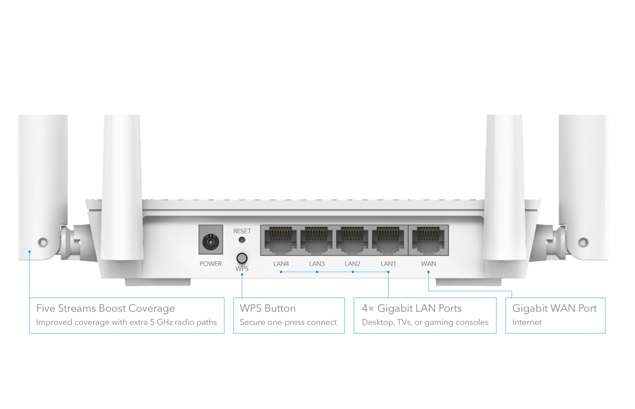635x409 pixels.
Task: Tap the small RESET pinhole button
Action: click(x=242, y=240)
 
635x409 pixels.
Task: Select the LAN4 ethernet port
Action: click(x=281, y=240)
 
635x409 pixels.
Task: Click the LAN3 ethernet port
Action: click(x=316, y=240)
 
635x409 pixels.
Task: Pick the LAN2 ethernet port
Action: click(x=352, y=240)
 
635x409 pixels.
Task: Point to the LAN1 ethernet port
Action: click(x=388, y=240)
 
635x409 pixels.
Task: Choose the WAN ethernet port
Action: click(x=428, y=240)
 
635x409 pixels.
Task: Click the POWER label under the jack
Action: click(x=210, y=264)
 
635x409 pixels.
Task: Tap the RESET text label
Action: click(x=242, y=231)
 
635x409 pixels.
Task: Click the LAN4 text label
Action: click(x=281, y=264)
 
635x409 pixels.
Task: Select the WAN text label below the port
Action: click(x=428, y=264)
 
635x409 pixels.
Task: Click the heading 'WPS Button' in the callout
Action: click(x=267, y=308)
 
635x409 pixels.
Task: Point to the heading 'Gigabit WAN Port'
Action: click(x=554, y=308)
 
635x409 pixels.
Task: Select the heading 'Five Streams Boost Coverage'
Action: click(x=105, y=308)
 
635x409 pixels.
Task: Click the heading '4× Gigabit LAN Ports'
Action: click(x=412, y=308)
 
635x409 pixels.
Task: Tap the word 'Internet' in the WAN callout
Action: click(x=527, y=322)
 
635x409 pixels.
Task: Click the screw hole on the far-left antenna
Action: click(x=43, y=242)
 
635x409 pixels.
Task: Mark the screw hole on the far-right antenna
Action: click(x=583, y=242)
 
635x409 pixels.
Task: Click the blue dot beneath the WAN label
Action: click(x=428, y=272)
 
